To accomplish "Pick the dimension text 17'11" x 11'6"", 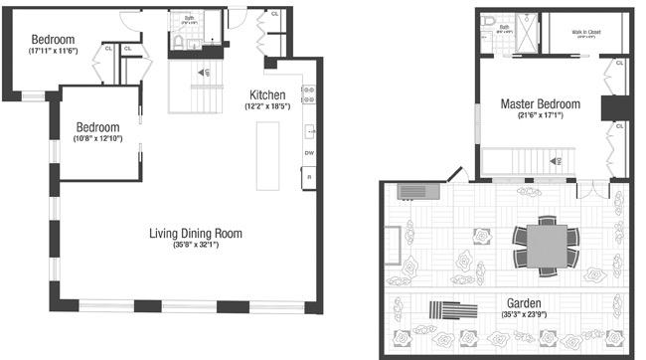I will tap(54, 51).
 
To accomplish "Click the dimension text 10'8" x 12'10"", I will tap(98, 138).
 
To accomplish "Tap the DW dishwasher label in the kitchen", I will tap(309, 153).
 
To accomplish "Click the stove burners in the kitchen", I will tap(309, 93).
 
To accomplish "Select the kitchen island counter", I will tap(268, 155).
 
